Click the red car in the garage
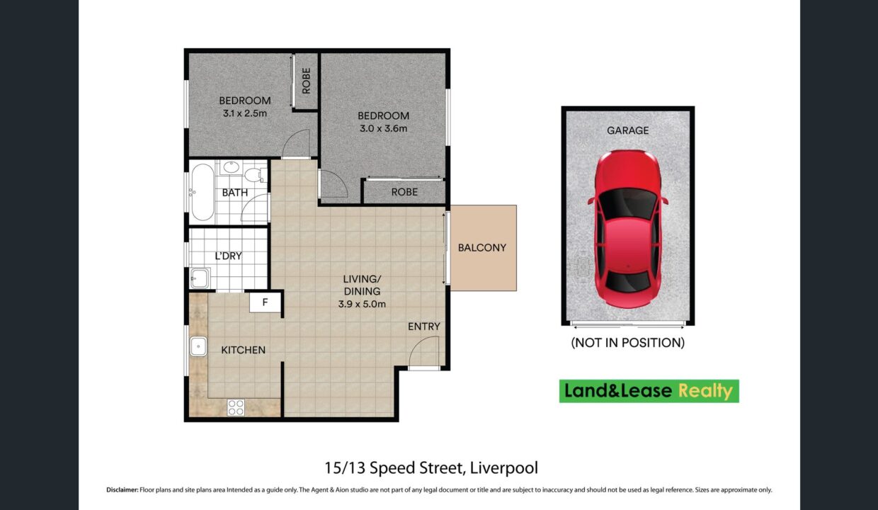627,229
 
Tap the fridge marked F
266,302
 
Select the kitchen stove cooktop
236,407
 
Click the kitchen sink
198,346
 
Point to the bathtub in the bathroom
202,192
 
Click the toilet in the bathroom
255,175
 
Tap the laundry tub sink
200,278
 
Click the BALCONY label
482,248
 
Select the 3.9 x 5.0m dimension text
362,304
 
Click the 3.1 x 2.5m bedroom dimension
244,113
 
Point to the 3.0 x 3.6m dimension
383,128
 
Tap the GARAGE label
627,130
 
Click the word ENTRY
423,327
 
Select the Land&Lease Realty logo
649,391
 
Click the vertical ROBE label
306,81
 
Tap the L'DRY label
228,256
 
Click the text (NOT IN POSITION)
627,343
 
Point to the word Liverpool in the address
503,468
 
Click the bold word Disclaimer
122,489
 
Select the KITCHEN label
243,350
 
